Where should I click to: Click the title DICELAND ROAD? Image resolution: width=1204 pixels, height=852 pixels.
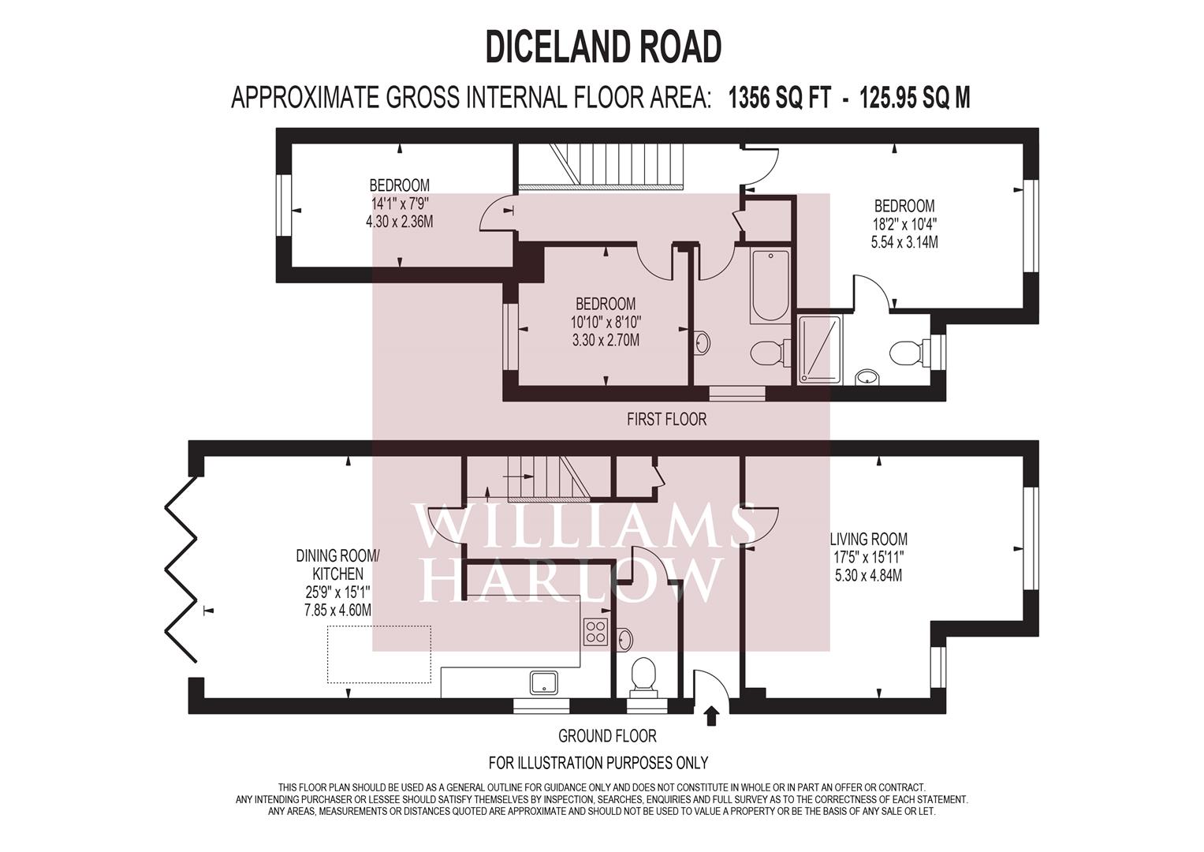603,47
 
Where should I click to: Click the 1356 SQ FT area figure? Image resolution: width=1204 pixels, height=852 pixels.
779,98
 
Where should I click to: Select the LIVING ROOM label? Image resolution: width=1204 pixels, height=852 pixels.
868,540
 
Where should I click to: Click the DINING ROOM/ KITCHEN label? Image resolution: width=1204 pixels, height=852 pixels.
337,565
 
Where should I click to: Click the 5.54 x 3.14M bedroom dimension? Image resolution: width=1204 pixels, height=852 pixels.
904,242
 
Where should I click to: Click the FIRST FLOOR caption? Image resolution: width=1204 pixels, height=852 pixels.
666,419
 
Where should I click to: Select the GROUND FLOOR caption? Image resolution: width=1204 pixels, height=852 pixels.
607,736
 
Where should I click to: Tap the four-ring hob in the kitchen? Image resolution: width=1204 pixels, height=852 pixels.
595,630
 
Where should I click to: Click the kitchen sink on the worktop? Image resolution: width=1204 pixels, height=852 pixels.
544,682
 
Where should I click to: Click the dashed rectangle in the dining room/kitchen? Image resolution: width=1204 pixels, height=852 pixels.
379,654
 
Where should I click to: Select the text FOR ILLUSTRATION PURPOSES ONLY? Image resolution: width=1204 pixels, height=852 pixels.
598,763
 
